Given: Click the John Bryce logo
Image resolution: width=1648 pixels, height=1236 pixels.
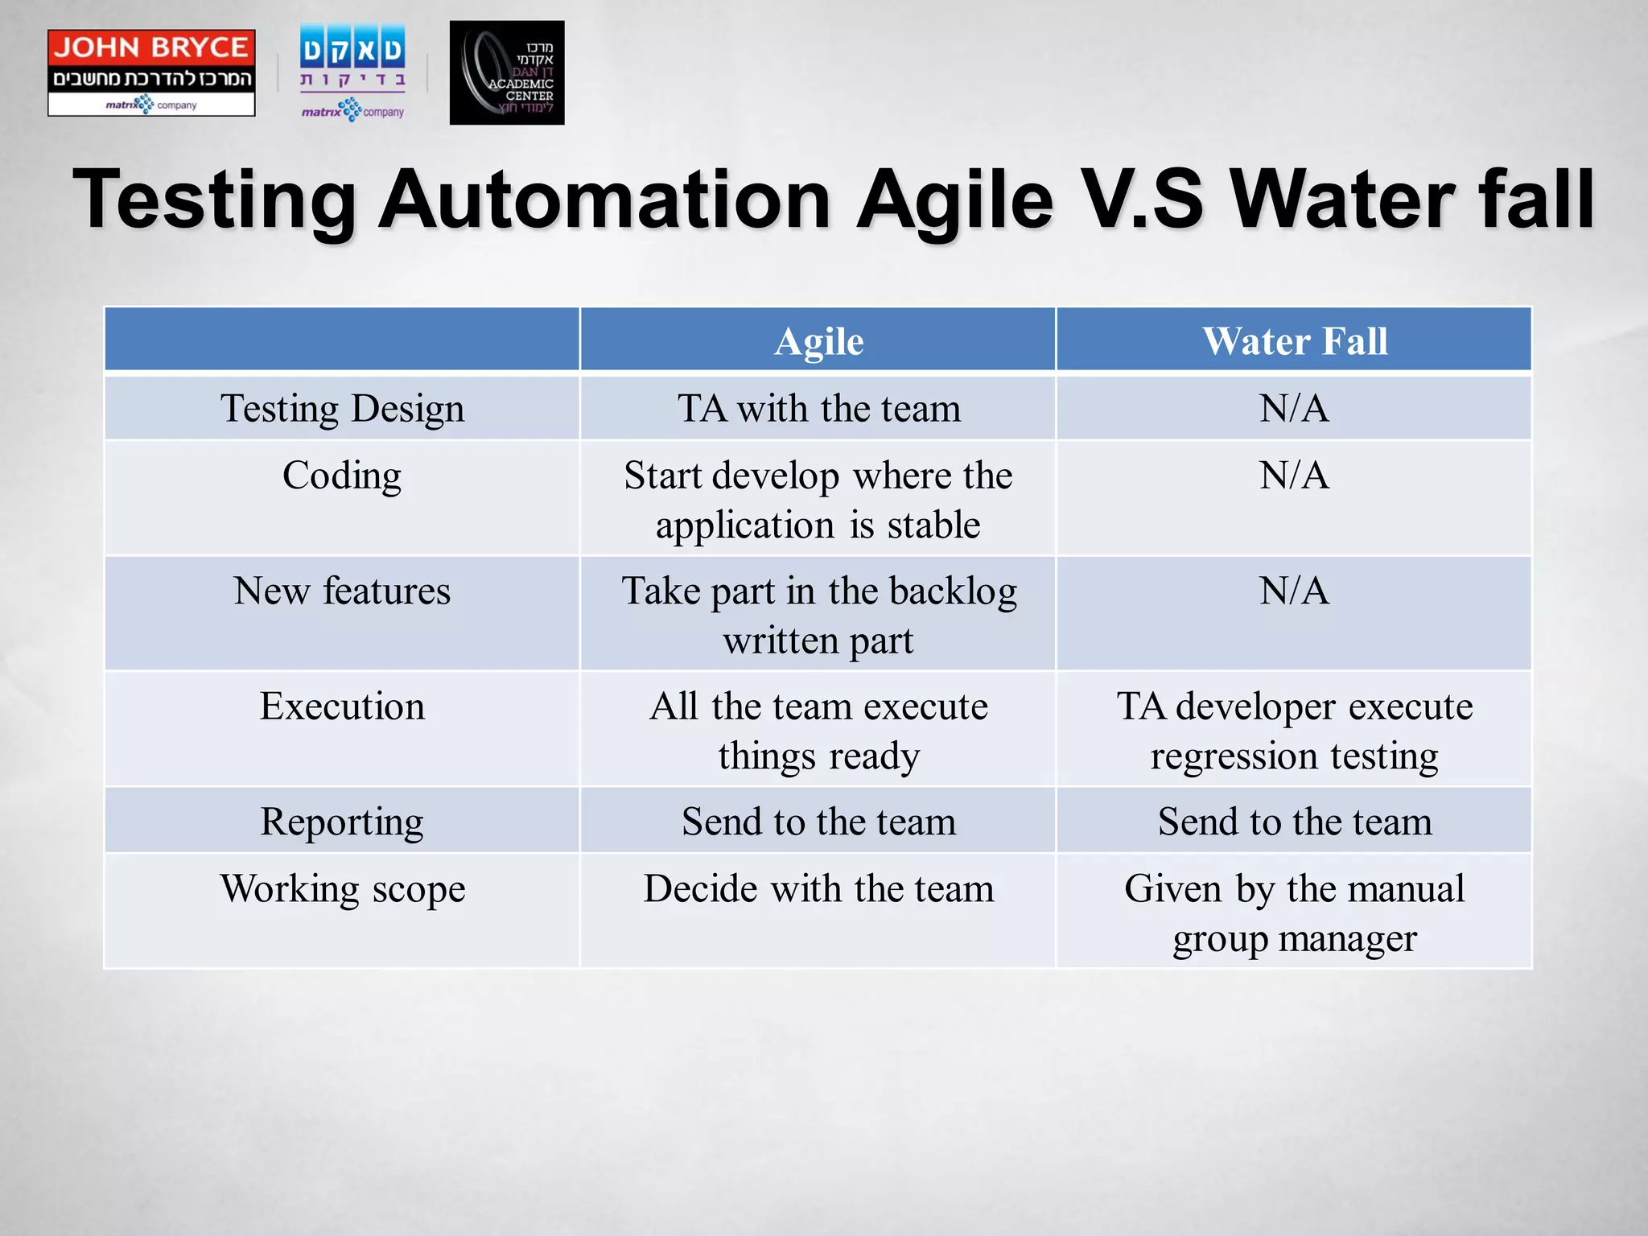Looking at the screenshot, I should [151, 72].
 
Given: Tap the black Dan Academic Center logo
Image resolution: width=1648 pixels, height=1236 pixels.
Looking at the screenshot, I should [507, 72].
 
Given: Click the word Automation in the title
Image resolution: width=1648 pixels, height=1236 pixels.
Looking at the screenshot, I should [604, 199].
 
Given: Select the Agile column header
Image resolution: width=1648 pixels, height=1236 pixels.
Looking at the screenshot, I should [818, 341].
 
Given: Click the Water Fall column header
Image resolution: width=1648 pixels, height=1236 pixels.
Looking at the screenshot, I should [1294, 341].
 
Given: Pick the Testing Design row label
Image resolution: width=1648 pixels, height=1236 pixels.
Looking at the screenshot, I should [342, 408].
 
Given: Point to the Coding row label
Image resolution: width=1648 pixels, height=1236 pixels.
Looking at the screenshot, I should [342, 476].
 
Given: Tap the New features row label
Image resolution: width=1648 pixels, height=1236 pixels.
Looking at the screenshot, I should [342, 591].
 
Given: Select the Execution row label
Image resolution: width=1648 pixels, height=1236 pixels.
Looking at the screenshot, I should [342, 707].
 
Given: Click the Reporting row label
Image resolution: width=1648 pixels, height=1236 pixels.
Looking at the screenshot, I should [342, 822].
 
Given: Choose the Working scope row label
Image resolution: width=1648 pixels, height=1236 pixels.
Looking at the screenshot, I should [342, 889].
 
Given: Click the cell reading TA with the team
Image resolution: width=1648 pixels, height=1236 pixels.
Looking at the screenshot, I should [818, 408].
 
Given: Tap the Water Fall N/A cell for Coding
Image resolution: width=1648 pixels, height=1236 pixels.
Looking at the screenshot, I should [1294, 476].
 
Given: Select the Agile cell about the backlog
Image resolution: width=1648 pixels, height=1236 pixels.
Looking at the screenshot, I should [818, 615].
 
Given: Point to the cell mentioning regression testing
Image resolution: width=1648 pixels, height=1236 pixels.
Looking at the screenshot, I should [1294, 731].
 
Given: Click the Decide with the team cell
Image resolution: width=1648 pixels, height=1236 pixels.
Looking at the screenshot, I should [818, 889].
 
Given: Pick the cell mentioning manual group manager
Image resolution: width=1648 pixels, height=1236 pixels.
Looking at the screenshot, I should [1294, 913].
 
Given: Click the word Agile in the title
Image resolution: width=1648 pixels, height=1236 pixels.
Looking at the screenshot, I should [954, 199].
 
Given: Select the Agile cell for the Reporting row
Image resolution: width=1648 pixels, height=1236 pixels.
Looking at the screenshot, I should [818, 822].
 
